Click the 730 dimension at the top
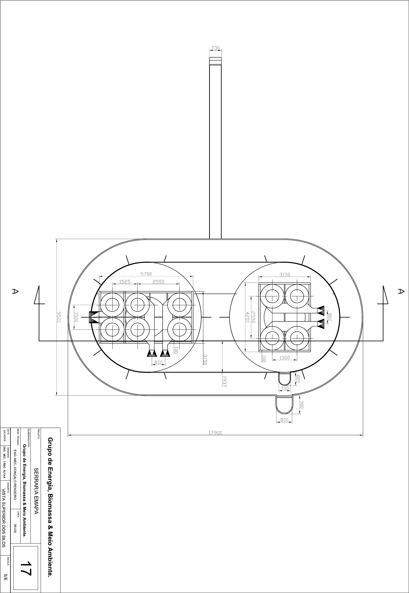(215, 48)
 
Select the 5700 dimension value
(146, 274)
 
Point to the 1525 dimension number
(125, 282)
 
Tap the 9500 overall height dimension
(59, 317)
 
